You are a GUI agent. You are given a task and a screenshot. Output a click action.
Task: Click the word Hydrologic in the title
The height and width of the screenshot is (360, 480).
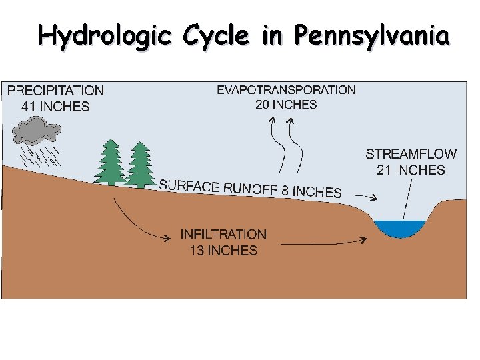coord(101,35)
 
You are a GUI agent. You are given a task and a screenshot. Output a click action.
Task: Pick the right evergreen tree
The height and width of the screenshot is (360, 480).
coord(139,165)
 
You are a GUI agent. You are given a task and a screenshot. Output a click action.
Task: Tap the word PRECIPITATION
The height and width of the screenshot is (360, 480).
coord(55,91)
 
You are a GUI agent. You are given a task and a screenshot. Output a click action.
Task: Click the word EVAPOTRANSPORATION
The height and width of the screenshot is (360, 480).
coord(286,89)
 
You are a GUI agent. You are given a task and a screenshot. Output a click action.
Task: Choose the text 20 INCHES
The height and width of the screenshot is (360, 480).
coord(286,105)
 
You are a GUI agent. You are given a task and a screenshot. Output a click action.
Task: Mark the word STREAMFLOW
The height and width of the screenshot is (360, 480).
coord(411,154)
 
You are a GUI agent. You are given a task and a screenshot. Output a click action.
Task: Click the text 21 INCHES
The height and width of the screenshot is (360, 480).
coord(411,170)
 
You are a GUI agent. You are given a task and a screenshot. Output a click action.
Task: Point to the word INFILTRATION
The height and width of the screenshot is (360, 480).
coord(223,235)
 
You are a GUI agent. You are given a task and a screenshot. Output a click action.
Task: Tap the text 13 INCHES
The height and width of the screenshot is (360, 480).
coord(223,251)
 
